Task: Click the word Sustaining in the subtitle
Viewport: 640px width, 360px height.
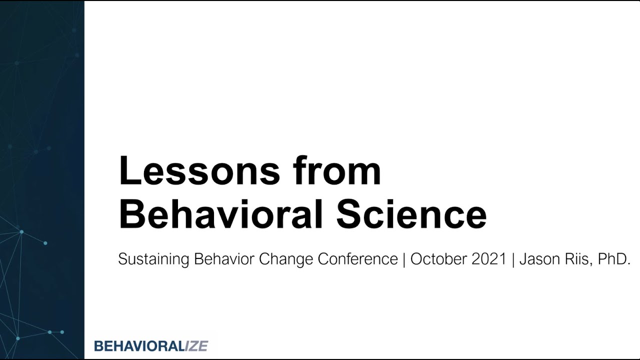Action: coord(153,259)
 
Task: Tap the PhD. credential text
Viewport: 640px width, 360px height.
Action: coord(614,259)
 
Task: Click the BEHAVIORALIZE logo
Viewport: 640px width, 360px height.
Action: coord(151,345)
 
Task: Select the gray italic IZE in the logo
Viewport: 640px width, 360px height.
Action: coord(196,345)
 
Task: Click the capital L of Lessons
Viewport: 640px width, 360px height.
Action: coord(128,171)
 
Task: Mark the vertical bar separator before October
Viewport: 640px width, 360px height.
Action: coord(404,259)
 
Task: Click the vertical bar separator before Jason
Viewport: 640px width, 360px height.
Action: coord(513,259)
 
